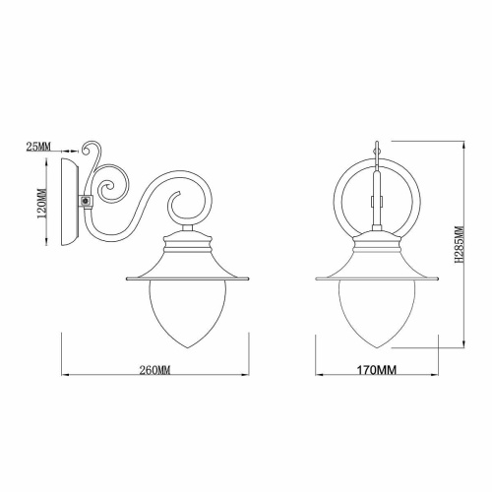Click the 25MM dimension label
click(x=37, y=147)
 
